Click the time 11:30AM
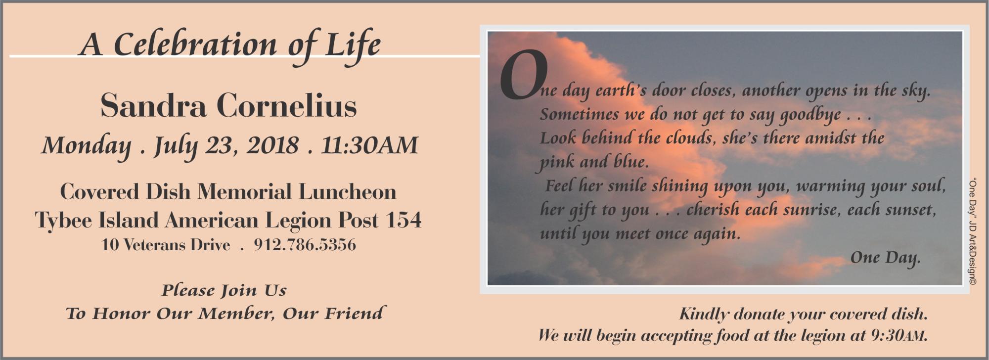coord(370,145)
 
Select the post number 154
coord(403,220)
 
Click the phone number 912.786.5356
coord(305,245)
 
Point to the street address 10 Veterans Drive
coord(166,245)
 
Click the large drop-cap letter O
coord(524,74)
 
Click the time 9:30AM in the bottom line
coord(898,336)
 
